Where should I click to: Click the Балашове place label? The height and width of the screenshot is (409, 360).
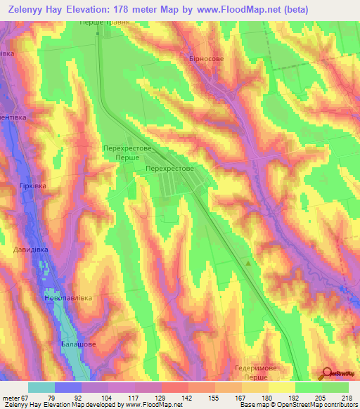[77, 345]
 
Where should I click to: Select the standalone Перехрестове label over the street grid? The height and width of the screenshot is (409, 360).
[169, 169]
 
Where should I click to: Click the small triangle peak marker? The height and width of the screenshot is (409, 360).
[247, 264]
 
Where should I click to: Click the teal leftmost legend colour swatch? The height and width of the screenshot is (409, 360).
[41, 387]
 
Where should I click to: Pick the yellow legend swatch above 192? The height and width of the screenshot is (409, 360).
[281, 387]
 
